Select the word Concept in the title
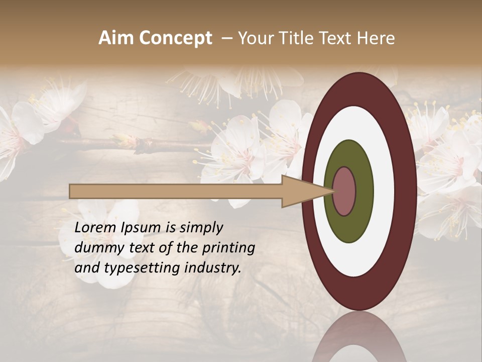click(175, 38)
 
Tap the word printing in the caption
click(228, 248)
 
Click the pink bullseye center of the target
click(344, 192)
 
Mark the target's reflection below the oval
click(359, 337)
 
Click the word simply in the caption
click(201, 228)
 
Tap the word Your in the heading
click(254, 38)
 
